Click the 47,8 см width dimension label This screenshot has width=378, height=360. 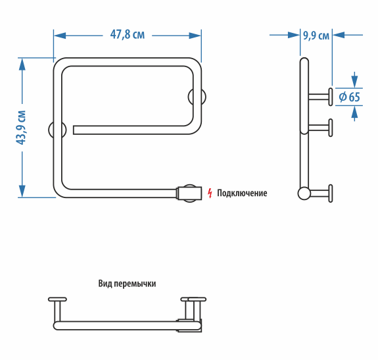tap(128, 35)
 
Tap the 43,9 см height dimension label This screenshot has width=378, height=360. tap(21, 128)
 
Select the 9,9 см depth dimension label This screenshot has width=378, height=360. tap(316, 36)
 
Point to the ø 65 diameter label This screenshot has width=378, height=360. tap(349, 97)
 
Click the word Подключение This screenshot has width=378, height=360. tap(242, 193)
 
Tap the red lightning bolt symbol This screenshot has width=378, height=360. tap(210, 193)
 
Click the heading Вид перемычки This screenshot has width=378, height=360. tap(127, 284)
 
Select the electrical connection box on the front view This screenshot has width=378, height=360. tap(189, 193)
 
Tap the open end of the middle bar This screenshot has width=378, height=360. tap(74, 130)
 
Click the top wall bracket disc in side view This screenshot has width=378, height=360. tap(331, 97)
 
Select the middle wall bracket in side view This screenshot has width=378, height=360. tap(320, 128)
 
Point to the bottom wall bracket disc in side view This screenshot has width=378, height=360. tap(331, 193)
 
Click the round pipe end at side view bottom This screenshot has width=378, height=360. tap(304, 193)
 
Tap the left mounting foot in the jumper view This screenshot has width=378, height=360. tap(57, 309)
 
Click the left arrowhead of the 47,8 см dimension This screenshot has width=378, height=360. tap(60, 36)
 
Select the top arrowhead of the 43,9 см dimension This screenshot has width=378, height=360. tap(22, 64)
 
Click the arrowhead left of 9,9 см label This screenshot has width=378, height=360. tap(294, 35)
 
